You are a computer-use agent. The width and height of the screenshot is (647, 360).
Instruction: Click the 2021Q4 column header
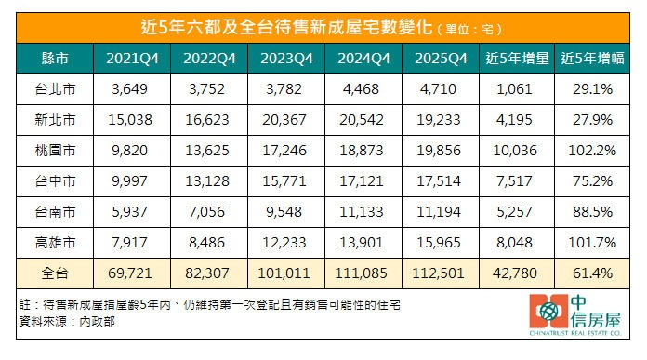tap(132, 59)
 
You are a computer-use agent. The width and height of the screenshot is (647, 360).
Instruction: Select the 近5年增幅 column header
tap(592, 59)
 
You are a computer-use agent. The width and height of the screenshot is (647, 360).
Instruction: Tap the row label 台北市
tap(55, 89)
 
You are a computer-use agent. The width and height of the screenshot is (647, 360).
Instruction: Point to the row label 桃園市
tap(55, 151)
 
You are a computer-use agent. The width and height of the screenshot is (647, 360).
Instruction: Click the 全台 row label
tap(55, 273)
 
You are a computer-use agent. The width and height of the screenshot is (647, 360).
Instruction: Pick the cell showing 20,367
tap(284, 120)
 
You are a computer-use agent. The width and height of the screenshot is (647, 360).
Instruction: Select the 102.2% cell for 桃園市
tap(592, 151)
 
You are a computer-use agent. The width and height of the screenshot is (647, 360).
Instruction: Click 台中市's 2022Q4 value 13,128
tap(207, 181)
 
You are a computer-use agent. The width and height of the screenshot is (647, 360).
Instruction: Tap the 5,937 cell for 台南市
tap(129, 212)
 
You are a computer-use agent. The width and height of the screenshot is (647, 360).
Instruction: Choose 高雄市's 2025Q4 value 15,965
tap(439, 243)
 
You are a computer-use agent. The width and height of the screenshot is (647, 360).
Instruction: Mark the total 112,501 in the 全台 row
tap(438, 273)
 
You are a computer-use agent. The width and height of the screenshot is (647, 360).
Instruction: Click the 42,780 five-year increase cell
tap(515, 273)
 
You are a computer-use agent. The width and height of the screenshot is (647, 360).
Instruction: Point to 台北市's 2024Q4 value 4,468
tap(361, 89)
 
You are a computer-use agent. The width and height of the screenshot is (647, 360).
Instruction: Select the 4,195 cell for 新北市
tap(515, 120)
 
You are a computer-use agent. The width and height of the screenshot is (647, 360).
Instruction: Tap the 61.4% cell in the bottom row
tap(592, 273)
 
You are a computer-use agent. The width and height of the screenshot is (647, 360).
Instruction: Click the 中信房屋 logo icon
tap(548, 312)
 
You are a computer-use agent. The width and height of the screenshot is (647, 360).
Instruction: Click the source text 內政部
tap(97, 322)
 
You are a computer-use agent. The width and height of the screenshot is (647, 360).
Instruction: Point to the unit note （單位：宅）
tap(469, 30)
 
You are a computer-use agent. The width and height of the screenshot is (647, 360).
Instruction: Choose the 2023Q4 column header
tap(286, 59)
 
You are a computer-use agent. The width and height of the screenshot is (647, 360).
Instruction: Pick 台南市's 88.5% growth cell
tap(592, 212)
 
